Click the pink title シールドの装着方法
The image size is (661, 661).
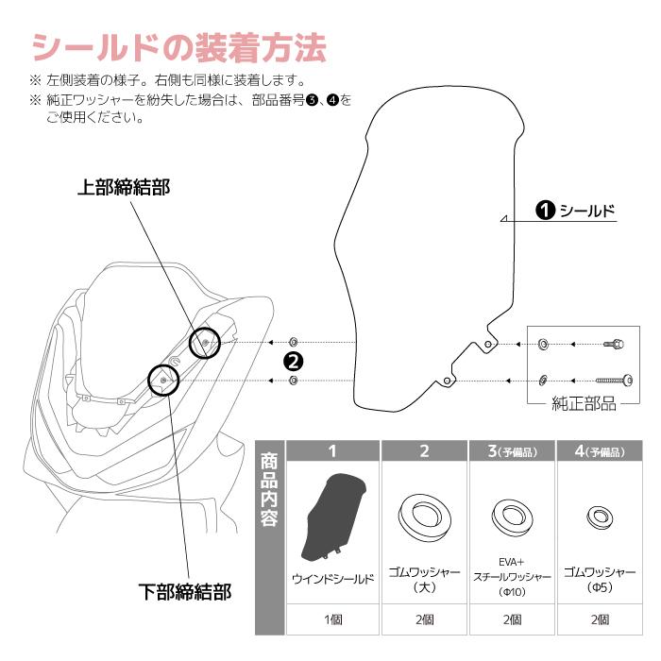pos(178,46)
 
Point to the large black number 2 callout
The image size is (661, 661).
pos(295,361)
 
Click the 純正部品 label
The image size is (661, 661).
pos(584,403)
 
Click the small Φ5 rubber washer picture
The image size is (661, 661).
pos(599,517)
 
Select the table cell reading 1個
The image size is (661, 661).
pos(332,619)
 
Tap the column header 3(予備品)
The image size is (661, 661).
pos(512,451)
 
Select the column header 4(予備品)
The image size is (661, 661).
pos(599,451)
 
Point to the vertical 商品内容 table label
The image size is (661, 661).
pos(269,487)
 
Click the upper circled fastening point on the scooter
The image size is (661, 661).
pos(205,342)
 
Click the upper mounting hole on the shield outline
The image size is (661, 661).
pos(488,345)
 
